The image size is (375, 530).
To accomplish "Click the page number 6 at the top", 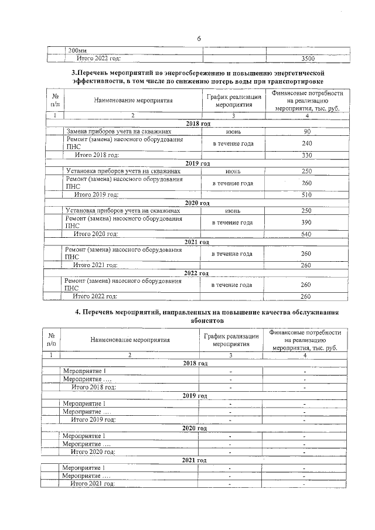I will tap(199, 38).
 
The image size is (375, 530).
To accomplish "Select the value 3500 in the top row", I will tap(307, 59).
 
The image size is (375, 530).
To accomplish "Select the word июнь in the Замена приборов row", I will tap(233, 132).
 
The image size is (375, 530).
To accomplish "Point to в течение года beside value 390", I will tap(233, 223).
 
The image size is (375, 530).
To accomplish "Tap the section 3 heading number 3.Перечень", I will tap(97, 71).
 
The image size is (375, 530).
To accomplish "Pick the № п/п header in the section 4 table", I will tap(52, 339).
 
